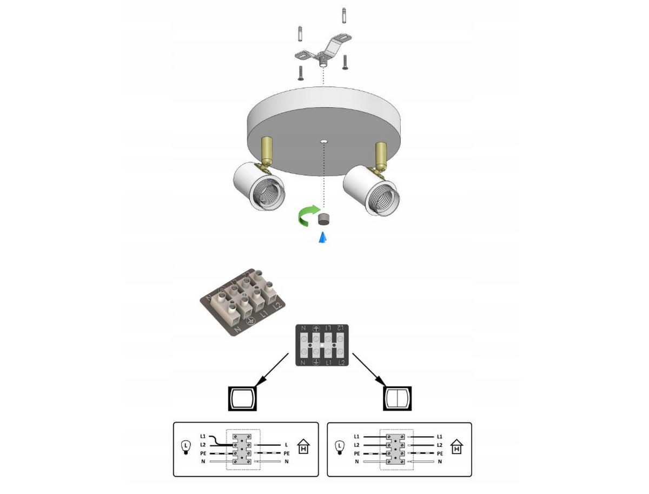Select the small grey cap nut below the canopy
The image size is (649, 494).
[x=325, y=219]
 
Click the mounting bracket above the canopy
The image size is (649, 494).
[x=322, y=52]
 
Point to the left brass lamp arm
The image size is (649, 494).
[x=267, y=152]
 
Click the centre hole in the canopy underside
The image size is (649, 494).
[x=323, y=142]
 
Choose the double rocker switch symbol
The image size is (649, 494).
[x=398, y=399]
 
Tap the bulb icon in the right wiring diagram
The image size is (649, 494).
[x=340, y=447]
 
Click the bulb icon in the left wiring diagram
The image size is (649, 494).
[x=186, y=447]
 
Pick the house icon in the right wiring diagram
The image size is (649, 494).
[x=458, y=449]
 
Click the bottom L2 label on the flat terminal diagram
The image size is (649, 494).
[x=341, y=361]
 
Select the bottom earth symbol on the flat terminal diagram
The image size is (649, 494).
[x=316, y=361]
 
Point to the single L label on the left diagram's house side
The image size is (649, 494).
[x=286, y=445]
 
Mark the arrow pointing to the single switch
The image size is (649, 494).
[x=273, y=368]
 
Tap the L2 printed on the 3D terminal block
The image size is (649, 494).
[x=277, y=306]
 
